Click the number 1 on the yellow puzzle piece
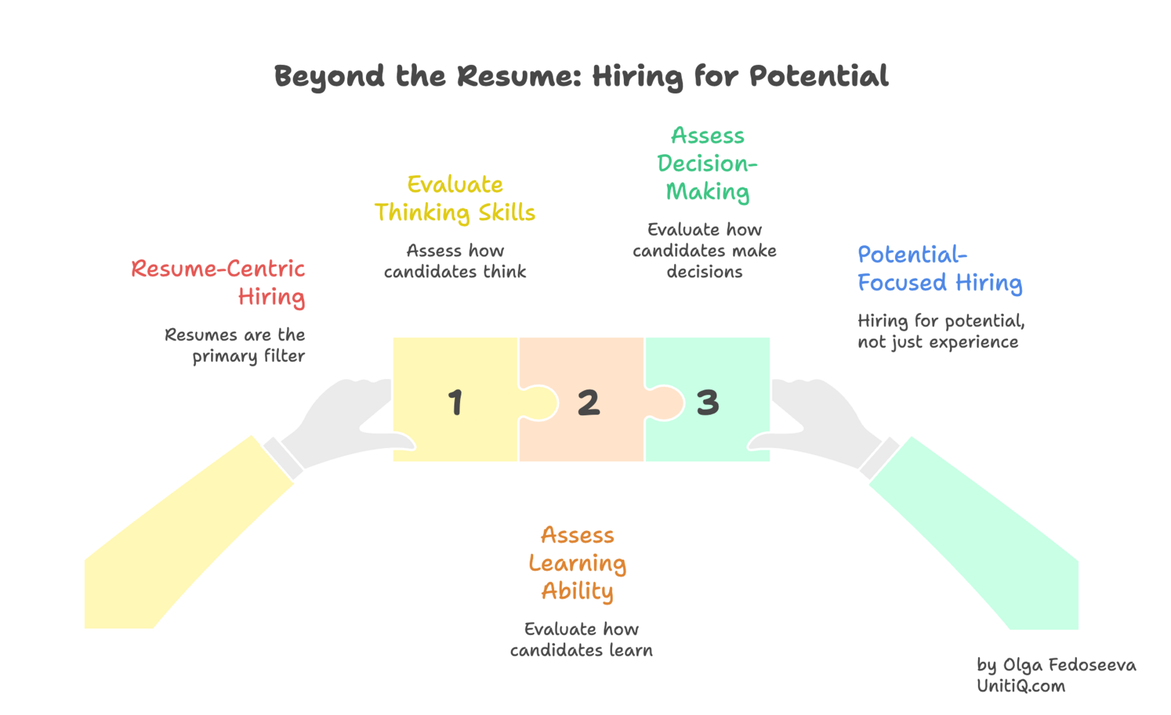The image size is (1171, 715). click(455, 402)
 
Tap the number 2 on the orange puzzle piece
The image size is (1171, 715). click(588, 402)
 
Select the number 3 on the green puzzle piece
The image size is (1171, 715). click(707, 402)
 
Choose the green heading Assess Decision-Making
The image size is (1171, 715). click(707, 164)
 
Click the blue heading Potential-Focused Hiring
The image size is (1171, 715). click(939, 269)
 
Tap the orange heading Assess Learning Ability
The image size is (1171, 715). click(577, 563)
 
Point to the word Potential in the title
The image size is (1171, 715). click(818, 76)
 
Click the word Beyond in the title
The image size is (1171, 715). click(329, 76)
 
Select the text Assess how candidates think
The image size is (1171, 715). click(455, 261)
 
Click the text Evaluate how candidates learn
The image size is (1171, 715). click(581, 640)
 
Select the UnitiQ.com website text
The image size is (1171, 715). click(1020, 686)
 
